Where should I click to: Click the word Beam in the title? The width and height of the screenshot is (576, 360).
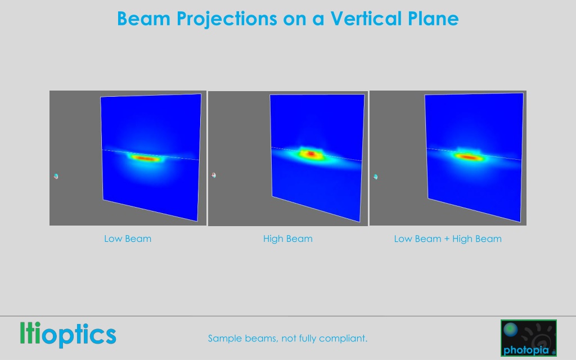[x=144, y=19]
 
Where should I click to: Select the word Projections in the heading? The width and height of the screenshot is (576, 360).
[x=227, y=19]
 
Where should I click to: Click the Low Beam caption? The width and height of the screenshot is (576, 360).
[x=128, y=238]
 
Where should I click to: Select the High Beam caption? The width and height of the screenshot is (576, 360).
[x=287, y=238]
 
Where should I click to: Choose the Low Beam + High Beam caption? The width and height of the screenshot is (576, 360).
[x=448, y=238]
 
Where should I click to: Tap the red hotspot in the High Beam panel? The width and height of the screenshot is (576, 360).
[x=312, y=154]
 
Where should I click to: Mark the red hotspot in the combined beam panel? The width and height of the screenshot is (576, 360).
[x=469, y=157]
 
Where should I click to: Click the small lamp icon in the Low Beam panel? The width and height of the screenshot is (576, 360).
[x=56, y=176]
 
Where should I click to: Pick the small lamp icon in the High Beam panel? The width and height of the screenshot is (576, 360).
[x=214, y=175]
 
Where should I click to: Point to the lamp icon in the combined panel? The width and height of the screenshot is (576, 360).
[x=375, y=177]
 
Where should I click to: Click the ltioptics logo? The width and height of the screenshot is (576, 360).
[x=68, y=334]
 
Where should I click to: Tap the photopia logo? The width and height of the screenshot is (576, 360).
[x=529, y=338]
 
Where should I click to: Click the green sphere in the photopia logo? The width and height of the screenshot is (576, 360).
[x=511, y=330]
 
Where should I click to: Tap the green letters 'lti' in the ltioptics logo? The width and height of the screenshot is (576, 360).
[x=30, y=333]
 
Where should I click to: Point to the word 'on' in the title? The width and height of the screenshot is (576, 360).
[x=295, y=20]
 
